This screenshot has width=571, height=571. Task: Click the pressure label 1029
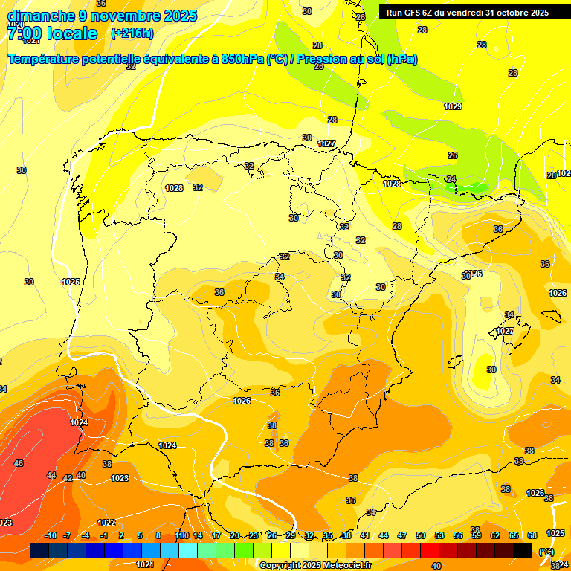453,106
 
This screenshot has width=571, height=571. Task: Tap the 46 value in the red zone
19,463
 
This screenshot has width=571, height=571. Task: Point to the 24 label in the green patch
451,179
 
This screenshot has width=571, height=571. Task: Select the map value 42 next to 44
68,478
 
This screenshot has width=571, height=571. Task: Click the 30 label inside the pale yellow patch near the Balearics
491,370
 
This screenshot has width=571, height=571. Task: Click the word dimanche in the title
40,16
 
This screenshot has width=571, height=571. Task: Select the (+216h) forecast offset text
132,33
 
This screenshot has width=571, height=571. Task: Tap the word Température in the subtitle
45,59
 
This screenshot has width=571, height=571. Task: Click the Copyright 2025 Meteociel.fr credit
315,565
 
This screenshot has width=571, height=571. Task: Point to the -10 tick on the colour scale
51,535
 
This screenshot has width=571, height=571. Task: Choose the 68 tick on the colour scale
532,535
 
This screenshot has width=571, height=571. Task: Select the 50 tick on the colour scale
421,535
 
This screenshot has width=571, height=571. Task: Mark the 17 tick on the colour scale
216,535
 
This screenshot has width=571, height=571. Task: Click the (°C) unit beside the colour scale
546,552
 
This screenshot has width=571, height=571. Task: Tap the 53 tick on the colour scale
439,535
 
